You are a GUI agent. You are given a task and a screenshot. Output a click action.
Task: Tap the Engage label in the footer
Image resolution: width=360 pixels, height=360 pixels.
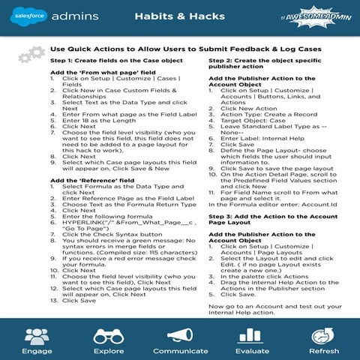point(36,350)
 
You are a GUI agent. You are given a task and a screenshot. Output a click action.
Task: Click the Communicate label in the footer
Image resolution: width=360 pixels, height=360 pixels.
point(180,350)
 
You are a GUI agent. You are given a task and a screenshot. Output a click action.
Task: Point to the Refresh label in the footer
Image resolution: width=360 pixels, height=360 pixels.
point(324,350)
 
